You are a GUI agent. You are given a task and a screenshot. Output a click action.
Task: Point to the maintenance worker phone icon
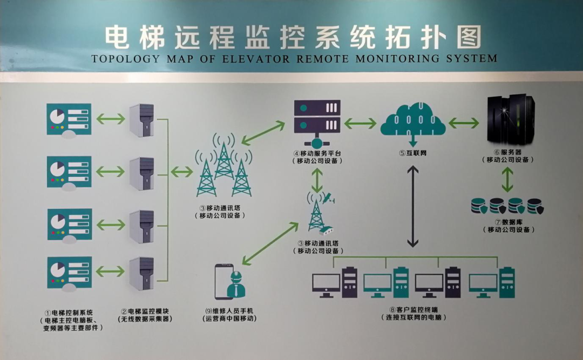[229, 281]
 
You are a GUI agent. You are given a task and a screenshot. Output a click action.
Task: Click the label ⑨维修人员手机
[229, 311]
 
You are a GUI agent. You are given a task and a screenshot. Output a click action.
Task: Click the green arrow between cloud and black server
[463, 124]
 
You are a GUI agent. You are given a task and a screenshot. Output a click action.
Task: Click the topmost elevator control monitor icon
[69, 121]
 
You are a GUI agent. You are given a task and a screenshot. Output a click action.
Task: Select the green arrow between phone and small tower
[270, 242]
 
